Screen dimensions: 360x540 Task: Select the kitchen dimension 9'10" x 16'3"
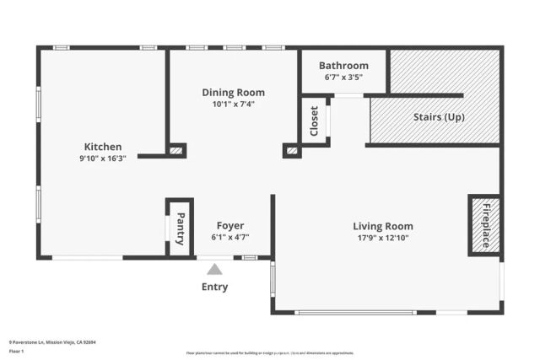click(x=103, y=159)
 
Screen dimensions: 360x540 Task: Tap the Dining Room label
click(x=233, y=93)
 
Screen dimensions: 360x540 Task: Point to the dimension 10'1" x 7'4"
click(x=233, y=105)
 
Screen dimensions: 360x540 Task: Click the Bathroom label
click(x=343, y=66)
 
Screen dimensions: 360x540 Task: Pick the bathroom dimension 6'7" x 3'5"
click(x=343, y=78)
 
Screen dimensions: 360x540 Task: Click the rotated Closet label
click(x=314, y=121)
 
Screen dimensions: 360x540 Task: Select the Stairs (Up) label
click(x=438, y=117)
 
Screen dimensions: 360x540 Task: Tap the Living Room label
click(x=382, y=226)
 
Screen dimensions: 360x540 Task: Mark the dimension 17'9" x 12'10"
click(x=382, y=239)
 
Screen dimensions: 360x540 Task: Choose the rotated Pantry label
click(x=180, y=228)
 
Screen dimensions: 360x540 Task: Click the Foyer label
click(x=230, y=226)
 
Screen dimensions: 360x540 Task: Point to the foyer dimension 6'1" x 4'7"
click(x=230, y=238)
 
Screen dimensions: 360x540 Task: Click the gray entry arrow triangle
click(x=214, y=269)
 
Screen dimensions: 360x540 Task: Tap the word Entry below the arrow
click(x=214, y=287)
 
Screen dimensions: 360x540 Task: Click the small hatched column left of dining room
click(x=176, y=151)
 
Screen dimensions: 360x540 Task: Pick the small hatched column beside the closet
click(x=292, y=151)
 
